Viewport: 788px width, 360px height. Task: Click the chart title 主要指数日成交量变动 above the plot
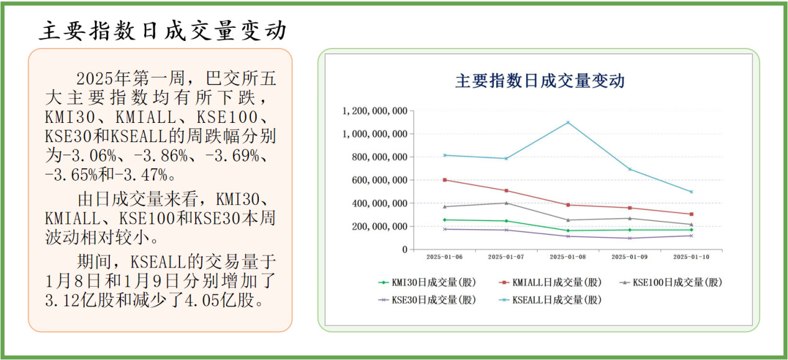540,81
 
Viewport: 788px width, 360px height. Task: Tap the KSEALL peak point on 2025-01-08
568,122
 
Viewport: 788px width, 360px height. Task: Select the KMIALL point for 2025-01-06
445,180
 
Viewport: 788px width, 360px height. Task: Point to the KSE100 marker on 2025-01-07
506,203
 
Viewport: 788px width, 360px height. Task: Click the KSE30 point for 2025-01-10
691,235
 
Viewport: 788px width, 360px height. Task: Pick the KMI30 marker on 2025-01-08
568,231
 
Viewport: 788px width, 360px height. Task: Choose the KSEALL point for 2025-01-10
691,192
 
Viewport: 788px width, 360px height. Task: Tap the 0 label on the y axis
404,250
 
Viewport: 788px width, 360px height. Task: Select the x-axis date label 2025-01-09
630,256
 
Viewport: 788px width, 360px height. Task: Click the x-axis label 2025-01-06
445,256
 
